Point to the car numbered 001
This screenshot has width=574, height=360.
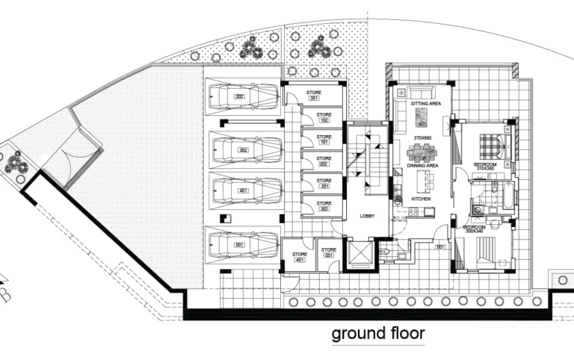point(241,243)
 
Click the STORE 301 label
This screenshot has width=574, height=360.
point(313,95)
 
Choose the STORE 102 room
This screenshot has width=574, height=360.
point(324,117)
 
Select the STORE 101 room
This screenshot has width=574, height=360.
point(324,139)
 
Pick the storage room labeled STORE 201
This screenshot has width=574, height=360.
point(324,183)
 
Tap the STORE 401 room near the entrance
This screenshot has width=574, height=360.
point(299,257)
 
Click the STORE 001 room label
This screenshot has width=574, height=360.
point(327,252)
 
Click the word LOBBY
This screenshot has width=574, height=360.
point(367,216)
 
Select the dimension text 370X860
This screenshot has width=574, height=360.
point(424,139)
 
